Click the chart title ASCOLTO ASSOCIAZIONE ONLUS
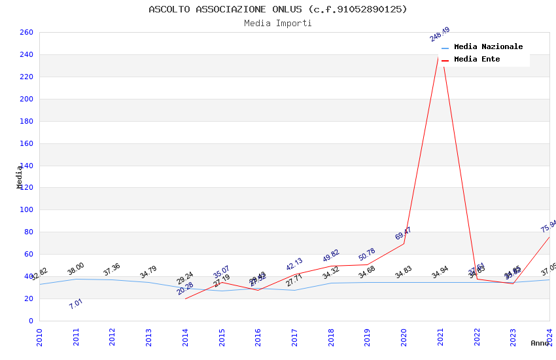[x=277, y=9]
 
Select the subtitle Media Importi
[x=277, y=24]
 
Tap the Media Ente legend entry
[x=477, y=60]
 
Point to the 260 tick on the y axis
[x=27, y=33]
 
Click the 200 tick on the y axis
[x=27, y=99]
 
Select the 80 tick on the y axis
[x=29, y=232]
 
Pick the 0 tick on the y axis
[x=31, y=321]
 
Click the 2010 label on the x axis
[x=39, y=337]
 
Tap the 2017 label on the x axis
[x=294, y=337]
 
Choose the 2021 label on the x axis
[x=440, y=337]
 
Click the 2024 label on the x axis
[x=549, y=337]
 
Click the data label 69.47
[x=403, y=234]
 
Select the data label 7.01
[x=76, y=304]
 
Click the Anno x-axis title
[x=540, y=343]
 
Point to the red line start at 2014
[x=185, y=298]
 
